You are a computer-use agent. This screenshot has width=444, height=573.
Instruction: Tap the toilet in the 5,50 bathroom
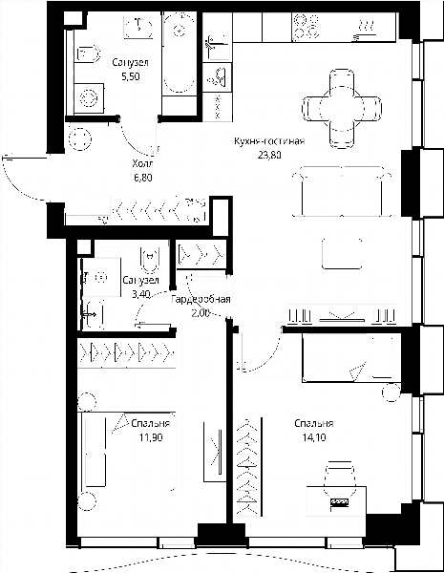coord(88,54)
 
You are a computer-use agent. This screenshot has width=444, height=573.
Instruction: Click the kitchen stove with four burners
coord(307,27)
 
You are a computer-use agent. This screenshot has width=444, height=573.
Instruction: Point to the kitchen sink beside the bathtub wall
coord(217,46)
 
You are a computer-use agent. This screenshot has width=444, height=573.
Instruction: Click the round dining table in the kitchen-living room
coord(342,109)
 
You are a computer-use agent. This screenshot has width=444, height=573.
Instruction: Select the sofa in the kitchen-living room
coord(342,191)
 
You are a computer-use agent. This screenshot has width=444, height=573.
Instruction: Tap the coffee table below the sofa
coord(342,253)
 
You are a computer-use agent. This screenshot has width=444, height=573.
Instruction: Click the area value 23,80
coord(269,155)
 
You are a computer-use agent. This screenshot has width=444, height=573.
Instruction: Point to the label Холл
coord(143,163)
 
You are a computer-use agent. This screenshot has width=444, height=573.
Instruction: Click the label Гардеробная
coord(201,299)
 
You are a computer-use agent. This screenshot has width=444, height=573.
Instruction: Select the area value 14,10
coord(314,437)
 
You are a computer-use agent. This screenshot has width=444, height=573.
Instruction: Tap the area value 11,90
coord(151,437)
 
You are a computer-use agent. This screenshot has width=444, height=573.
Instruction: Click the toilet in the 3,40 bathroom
coord(150,260)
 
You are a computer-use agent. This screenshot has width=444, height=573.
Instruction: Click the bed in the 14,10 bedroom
coord(351,358)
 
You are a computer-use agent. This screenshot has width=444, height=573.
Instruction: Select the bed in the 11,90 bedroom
coord(126,452)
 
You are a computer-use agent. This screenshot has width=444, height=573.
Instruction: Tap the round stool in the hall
coord(79,139)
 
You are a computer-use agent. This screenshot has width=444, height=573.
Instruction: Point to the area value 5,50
coord(131,76)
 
